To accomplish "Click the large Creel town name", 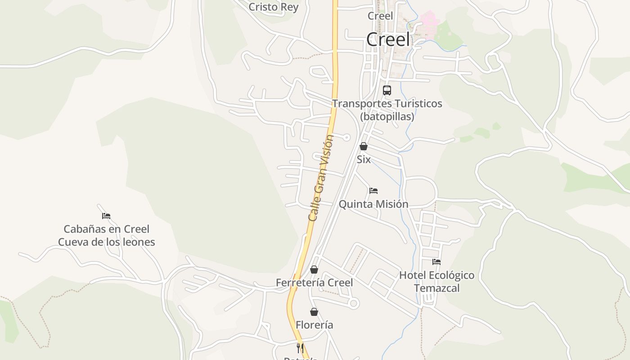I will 388,40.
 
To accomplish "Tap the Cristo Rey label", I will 273,7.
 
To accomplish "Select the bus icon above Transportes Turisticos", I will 387,90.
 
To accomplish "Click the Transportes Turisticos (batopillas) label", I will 387,110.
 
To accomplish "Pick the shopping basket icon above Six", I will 364,146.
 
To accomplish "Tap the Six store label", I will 364,159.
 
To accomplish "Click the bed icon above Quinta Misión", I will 373,191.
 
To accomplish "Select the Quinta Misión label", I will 373,204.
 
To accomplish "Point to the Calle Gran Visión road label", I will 321,178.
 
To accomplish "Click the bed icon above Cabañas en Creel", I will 106,216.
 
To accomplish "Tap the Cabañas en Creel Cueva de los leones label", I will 106,235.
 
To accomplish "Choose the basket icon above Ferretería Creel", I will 314,270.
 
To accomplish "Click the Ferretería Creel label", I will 314,283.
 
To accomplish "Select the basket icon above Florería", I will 314,312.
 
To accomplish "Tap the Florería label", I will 314,325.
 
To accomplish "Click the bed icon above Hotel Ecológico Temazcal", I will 436,262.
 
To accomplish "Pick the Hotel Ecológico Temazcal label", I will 436,281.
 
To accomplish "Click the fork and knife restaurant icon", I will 300,348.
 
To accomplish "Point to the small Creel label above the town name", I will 380,16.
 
